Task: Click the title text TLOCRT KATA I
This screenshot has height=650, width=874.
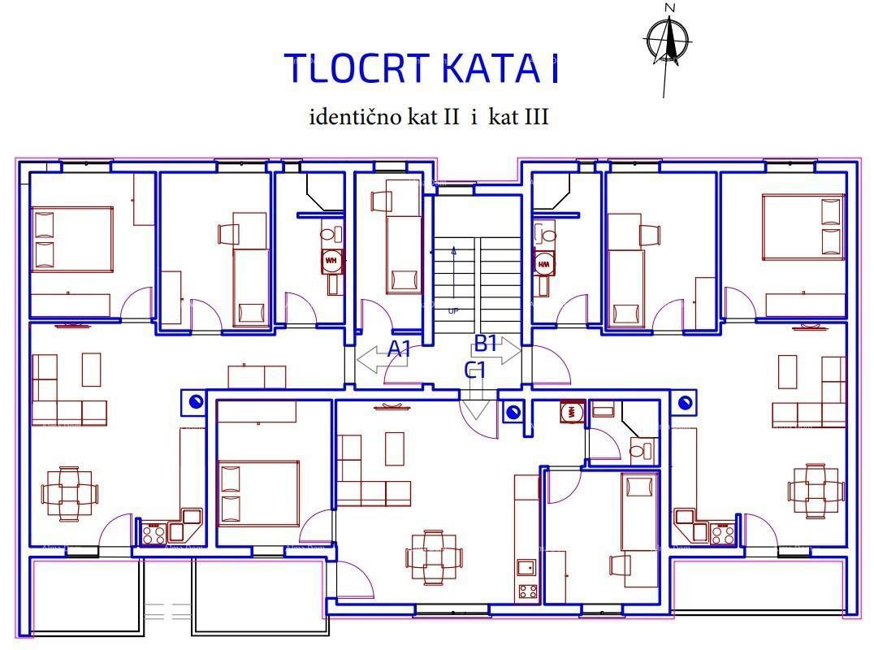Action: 422,69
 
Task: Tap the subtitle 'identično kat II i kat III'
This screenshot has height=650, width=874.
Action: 429,117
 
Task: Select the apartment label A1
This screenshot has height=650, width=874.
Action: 399,349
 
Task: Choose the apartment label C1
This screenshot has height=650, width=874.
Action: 475,370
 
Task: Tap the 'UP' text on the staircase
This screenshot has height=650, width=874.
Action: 452,310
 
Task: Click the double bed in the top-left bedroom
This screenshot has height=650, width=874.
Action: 71,239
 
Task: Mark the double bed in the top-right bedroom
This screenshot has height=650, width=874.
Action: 803,227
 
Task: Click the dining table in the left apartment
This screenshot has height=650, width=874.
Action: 69,493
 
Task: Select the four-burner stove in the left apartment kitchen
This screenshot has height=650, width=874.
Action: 154,534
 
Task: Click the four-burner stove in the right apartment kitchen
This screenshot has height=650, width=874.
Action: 723,534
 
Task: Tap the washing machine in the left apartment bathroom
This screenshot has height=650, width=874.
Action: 331,262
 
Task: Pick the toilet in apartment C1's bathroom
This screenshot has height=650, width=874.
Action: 639,448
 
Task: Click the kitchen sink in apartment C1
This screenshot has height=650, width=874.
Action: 526,566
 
